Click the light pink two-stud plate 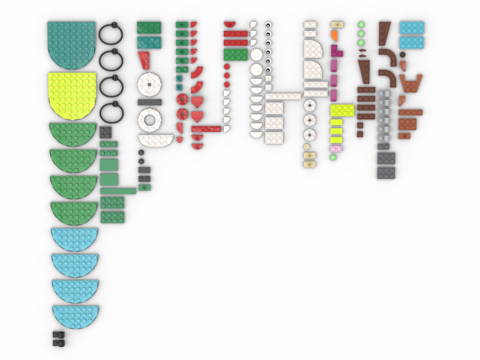coord(336,149)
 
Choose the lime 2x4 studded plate coord(342,110)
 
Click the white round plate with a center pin coord(149,85)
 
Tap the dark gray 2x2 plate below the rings coord(105,132)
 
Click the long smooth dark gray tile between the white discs coord(149,102)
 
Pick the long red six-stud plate coord(205,129)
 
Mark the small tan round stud coord(307,146)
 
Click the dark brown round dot coord(402,55)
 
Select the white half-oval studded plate coord(156,139)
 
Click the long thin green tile coord(118,191)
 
